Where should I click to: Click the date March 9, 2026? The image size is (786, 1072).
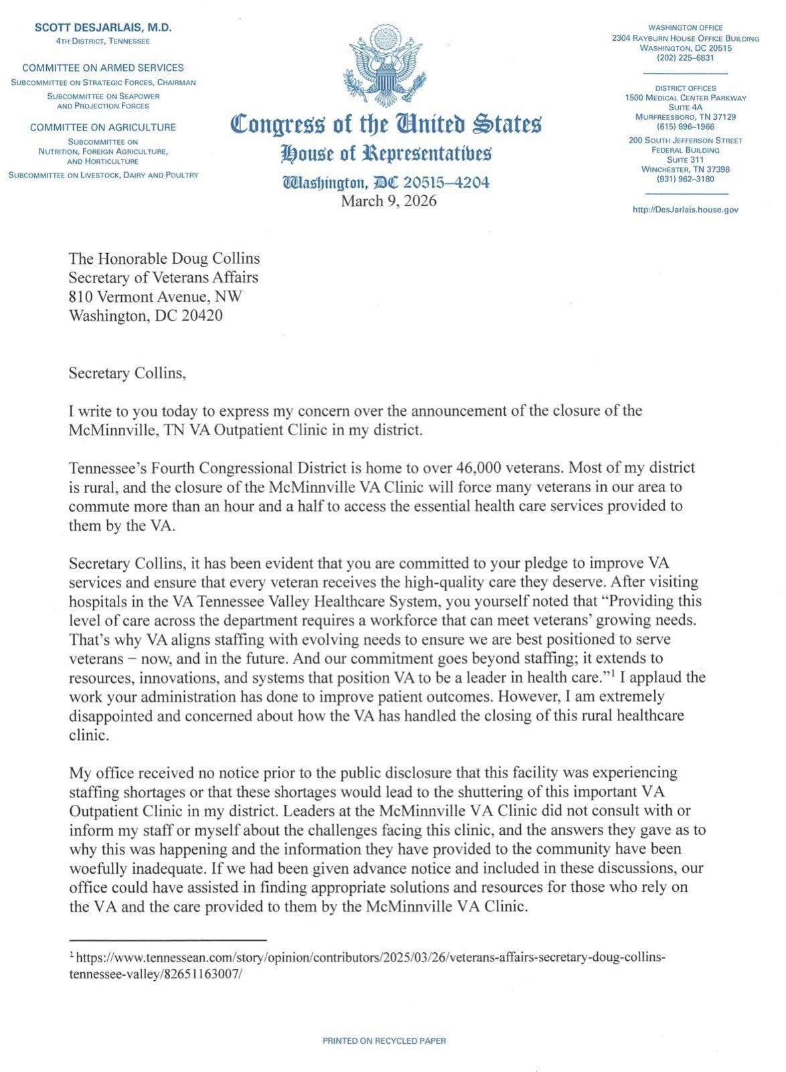pyautogui.click(x=388, y=201)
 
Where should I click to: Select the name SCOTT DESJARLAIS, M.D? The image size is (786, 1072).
pyautogui.click(x=102, y=27)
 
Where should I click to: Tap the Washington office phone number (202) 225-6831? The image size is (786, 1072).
pyautogui.click(x=686, y=58)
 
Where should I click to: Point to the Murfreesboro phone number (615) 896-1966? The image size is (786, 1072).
pyautogui.click(x=686, y=127)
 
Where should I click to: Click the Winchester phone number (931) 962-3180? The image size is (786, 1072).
pyautogui.click(x=686, y=179)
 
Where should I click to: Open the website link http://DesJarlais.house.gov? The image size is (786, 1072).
pyautogui.click(x=686, y=210)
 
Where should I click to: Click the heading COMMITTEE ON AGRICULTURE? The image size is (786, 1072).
pyautogui.click(x=102, y=127)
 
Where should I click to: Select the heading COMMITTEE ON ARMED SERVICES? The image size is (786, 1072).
pyautogui.click(x=102, y=68)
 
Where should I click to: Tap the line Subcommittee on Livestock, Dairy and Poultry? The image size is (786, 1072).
pyautogui.click(x=102, y=175)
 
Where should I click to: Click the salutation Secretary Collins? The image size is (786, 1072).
pyautogui.click(x=127, y=373)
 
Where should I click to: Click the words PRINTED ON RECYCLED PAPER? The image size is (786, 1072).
pyautogui.click(x=384, y=1041)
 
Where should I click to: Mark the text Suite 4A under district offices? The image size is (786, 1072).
pyautogui.click(x=686, y=107)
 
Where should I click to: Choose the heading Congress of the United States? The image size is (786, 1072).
pyautogui.click(x=386, y=125)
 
